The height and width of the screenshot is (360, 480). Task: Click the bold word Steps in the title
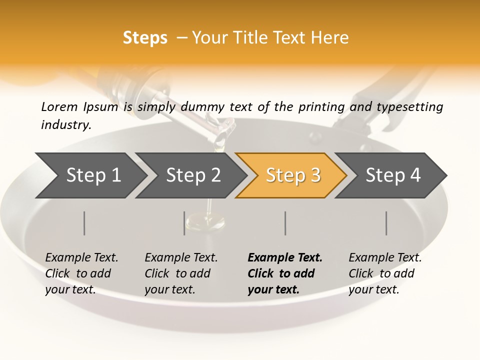145,38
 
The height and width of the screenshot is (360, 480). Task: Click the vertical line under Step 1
84,223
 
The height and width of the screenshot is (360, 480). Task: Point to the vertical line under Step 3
285,223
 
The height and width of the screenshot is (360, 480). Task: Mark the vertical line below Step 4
386,223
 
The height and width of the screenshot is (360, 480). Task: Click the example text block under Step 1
81,273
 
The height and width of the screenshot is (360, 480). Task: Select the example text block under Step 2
181,273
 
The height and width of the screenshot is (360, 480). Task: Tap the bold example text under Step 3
285,273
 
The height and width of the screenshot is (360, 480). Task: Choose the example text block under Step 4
385,273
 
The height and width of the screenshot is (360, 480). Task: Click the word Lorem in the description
59,106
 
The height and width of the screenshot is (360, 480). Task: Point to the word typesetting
413,107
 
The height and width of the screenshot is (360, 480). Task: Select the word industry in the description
65,125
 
